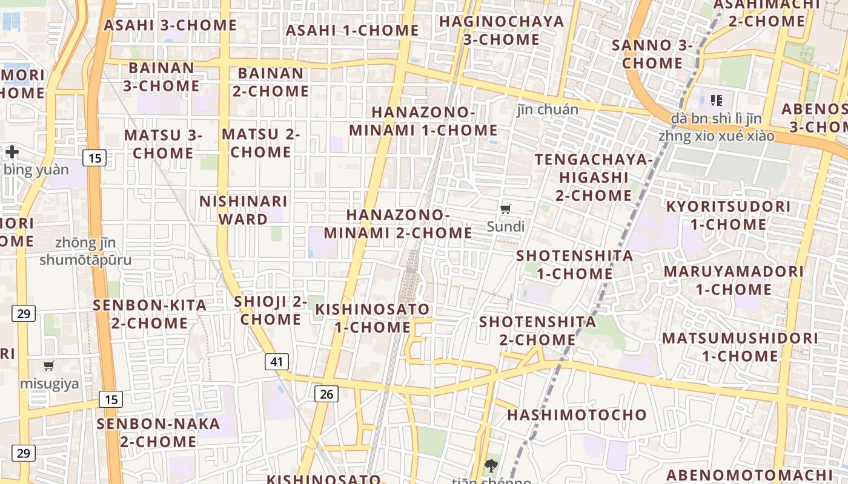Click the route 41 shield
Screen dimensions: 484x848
tap(276, 362)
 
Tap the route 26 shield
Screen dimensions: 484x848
tap(326, 394)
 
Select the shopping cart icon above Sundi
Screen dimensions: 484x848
tap(506, 209)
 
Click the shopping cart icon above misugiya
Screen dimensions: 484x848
tap(49, 365)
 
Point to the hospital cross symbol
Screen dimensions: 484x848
tap(12, 151)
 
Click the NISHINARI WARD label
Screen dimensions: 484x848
tap(243, 210)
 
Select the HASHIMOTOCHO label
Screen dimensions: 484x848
tap(577, 415)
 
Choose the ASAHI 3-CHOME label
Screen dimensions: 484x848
tap(170, 25)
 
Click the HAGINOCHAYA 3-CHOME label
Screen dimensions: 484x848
tap(502, 31)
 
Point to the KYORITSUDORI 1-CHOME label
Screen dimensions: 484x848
tap(728, 215)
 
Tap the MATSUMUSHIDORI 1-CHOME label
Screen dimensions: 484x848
tap(740, 347)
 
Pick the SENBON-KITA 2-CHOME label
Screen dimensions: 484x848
tap(150, 314)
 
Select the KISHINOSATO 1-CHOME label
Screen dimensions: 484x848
tap(372, 318)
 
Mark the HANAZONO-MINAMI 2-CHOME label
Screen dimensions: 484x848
tap(397, 224)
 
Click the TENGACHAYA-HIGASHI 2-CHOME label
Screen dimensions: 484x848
tap(593, 177)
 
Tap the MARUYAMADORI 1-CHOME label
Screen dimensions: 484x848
tap(734, 280)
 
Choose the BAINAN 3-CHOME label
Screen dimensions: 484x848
tap(161, 77)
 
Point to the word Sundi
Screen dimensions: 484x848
tap(506, 227)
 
